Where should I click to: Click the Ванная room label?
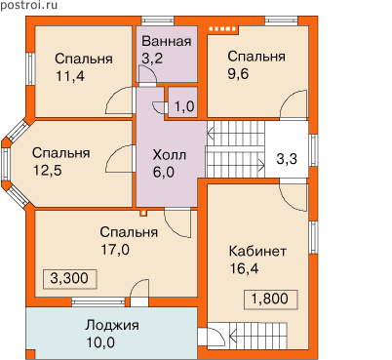click(167, 42)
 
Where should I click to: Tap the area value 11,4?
click(70, 76)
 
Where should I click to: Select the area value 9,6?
click(238, 74)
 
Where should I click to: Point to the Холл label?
click(170, 155)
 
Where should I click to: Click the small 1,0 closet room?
click(183, 102)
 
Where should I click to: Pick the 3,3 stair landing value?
click(287, 159)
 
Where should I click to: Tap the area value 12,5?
click(48, 170)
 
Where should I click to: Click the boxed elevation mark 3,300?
click(69, 278)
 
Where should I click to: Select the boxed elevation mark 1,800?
click(270, 299)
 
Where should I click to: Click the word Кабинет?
click(257, 252)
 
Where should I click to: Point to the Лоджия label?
click(112, 325)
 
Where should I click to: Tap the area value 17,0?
click(115, 250)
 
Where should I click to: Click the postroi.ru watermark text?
click(28, 6)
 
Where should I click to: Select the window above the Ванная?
click(158, 20)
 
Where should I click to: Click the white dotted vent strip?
click(222, 29)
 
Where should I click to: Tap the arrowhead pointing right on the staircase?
click(261, 162)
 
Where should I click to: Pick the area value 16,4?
click(244, 268)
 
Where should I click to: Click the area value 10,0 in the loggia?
click(100, 342)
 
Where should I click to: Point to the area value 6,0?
click(164, 172)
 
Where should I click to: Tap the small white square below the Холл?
click(143, 213)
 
